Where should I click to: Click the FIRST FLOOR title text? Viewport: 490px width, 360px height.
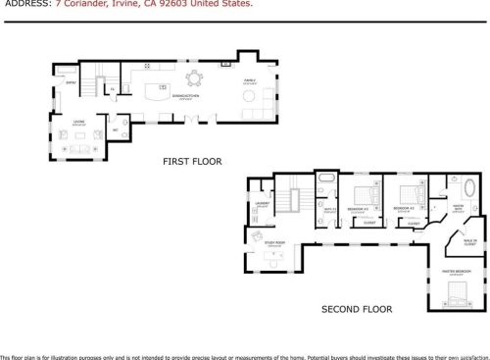(191, 161)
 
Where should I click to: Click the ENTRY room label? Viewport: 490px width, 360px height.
(70, 84)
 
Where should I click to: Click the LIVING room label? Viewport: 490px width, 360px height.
(78, 123)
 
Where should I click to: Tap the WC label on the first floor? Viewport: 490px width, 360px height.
(115, 129)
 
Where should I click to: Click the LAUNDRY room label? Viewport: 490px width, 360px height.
(262, 204)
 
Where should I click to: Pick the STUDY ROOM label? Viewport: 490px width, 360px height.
(274, 242)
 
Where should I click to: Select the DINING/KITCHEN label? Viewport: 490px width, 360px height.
(182, 114)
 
